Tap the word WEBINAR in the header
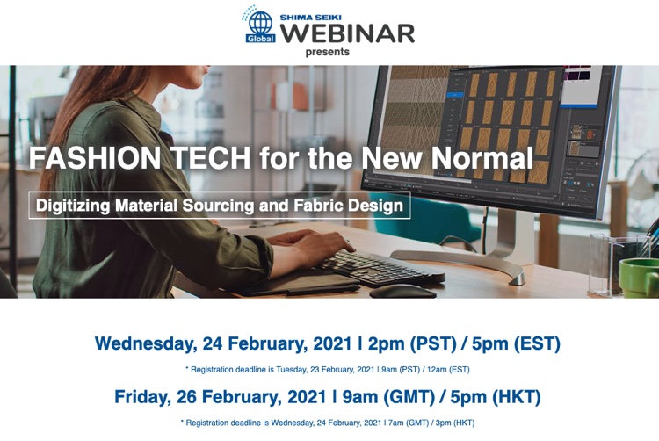[347, 33]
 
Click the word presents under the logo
[328, 52]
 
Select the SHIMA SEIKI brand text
[310, 18]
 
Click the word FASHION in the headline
[95, 158]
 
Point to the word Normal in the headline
[482, 158]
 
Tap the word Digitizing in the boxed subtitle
[72, 206]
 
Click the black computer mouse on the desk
[402, 292]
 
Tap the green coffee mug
[639, 278]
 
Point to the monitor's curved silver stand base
[459, 261]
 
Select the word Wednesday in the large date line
[146, 344]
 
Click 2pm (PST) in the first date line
[412, 344]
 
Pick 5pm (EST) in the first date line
[516, 344]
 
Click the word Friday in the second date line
[142, 397]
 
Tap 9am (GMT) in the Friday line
[388, 397]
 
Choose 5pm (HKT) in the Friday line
[496, 397]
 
